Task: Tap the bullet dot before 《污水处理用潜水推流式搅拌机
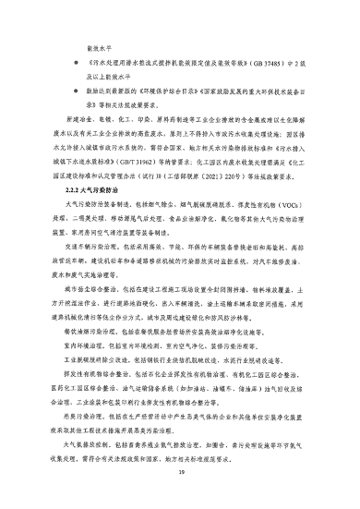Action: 65,66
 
